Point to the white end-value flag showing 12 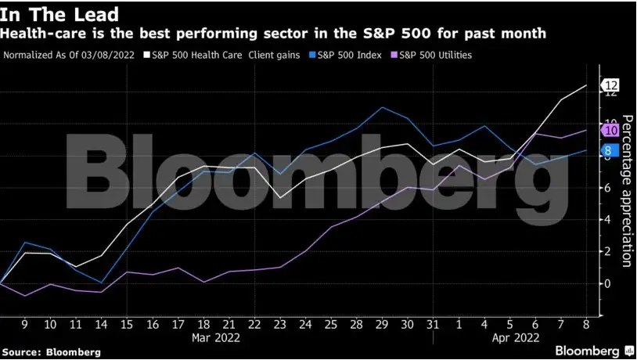tap(610, 85)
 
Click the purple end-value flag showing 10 tap(610, 131)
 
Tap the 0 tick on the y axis tap(604, 283)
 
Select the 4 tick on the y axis tap(604, 219)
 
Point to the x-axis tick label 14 tap(101, 323)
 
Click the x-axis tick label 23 tap(279, 323)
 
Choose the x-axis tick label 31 tap(433, 323)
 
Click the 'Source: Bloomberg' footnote tap(51, 352)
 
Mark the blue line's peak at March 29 tap(381, 107)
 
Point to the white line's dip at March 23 tap(279, 197)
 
